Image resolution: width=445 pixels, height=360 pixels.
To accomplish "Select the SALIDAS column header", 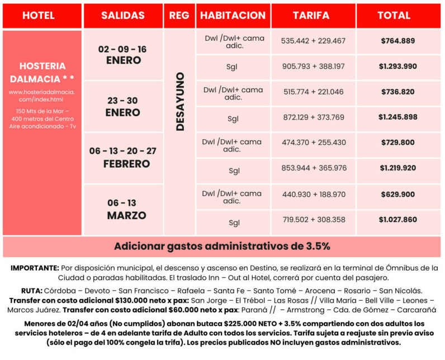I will [123, 16].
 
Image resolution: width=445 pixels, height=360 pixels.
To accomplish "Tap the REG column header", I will [179, 16].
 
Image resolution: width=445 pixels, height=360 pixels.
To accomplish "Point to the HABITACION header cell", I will [233, 16].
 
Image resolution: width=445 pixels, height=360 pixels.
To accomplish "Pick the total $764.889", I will [397, 41].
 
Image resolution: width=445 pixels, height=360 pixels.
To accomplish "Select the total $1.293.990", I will [397, 67].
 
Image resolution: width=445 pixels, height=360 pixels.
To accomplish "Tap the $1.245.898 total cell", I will [397, 117].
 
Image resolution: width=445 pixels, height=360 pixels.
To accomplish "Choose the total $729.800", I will [397, 143].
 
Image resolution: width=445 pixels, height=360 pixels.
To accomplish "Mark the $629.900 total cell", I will [397, 195].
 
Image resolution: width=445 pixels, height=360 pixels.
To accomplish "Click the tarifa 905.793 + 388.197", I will [314, 67].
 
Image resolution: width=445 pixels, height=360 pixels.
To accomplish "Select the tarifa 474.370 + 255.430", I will [314, 143].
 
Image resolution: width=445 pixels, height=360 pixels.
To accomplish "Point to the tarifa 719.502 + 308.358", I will [314, 220].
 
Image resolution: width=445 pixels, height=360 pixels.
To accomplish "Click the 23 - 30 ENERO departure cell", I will [123, 106].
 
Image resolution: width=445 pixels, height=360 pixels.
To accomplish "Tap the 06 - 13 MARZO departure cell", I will [123, 209].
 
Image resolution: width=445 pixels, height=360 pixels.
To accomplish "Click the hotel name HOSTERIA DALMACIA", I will [42, 71].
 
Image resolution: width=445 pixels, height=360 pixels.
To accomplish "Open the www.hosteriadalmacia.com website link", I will [42, 95].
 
